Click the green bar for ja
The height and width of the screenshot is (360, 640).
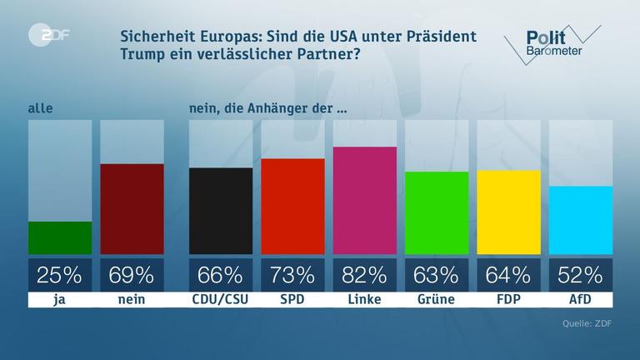60,237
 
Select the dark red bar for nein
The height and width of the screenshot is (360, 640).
132,208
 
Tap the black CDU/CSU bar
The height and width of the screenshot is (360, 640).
220,211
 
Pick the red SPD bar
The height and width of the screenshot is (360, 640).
292,206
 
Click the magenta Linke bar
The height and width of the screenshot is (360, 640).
364,200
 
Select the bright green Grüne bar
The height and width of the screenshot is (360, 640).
436,212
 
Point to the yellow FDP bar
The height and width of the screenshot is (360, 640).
508,212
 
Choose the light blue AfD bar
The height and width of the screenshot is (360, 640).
581,220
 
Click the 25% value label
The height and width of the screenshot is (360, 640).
60,274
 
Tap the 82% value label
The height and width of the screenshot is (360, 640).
364,274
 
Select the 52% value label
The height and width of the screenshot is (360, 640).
581,274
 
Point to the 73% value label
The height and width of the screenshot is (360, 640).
292,274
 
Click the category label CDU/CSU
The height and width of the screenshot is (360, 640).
220,300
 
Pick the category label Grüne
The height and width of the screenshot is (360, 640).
436,300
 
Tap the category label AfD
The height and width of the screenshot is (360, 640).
581,300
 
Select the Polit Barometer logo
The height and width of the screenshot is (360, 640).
550,42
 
